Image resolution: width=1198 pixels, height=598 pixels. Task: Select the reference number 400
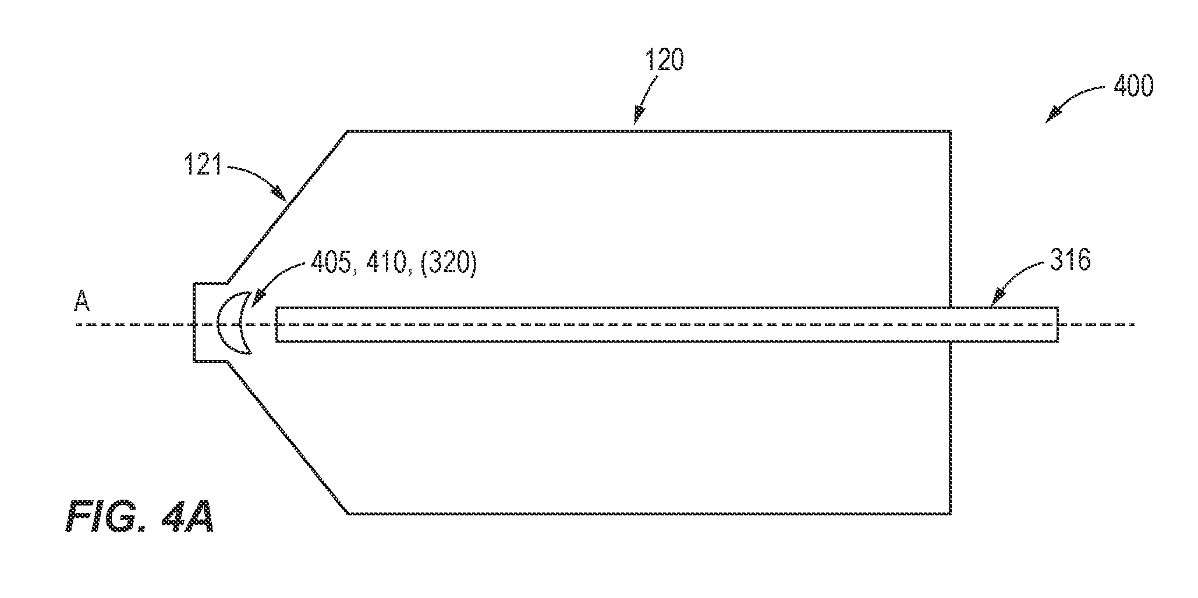[x=1132, y=86]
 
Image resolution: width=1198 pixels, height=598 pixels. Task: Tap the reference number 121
[x=204, y=166]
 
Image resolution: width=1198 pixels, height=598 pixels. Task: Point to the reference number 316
[x=1070, y=261]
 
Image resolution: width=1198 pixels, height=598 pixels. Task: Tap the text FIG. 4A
[x=140, y=517]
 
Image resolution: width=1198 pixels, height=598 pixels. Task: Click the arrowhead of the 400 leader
[x=1052, y=116]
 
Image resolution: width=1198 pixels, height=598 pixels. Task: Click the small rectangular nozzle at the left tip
[x=194, y=323]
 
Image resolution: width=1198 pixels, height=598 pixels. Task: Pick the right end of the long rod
[x=1057, y=324]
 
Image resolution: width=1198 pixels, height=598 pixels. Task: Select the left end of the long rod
[x=276, y=324]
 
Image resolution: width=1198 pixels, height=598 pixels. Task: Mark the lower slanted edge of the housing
[x=288, y=437]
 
